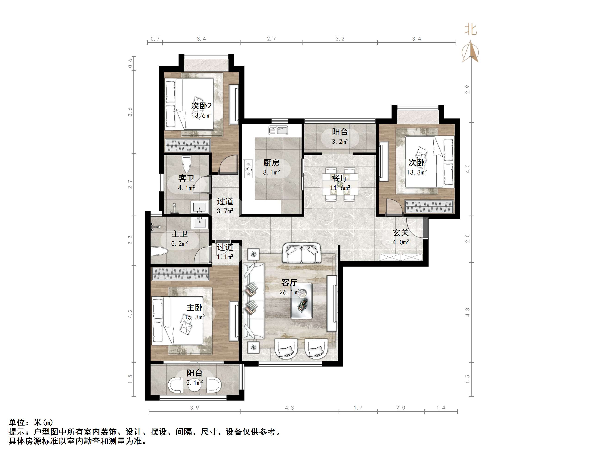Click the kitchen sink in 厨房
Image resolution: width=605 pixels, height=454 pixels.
pos(278,130)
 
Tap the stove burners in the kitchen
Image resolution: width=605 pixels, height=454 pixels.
pos(248,169)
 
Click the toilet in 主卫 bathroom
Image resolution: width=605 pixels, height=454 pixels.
pos(159,252)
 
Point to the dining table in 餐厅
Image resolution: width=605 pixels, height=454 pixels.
pos(340,184)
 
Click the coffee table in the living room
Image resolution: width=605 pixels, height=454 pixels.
pos(301,301)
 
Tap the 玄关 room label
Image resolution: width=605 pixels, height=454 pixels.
pos(401,233)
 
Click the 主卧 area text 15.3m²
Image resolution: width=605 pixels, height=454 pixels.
pos(195,317)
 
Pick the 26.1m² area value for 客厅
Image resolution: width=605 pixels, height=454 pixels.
pos(289,292)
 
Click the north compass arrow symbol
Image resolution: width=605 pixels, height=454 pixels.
pos(470,51)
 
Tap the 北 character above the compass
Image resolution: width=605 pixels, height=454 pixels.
pos(471,30)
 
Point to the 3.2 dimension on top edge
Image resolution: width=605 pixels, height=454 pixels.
pos(340,39)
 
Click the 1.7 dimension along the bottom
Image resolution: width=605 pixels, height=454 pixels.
pos(358,408)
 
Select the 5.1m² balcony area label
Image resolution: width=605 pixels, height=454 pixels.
pos(195,382)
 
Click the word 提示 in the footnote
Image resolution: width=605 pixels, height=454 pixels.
pos(17,432)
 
